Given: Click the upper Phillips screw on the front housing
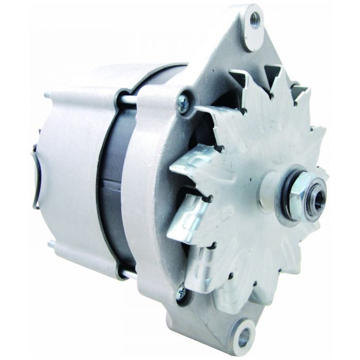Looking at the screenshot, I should [x=183, y=103].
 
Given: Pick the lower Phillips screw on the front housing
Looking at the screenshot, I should [x=181, y=293].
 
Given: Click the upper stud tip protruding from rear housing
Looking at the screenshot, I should [x=47, y=95].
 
